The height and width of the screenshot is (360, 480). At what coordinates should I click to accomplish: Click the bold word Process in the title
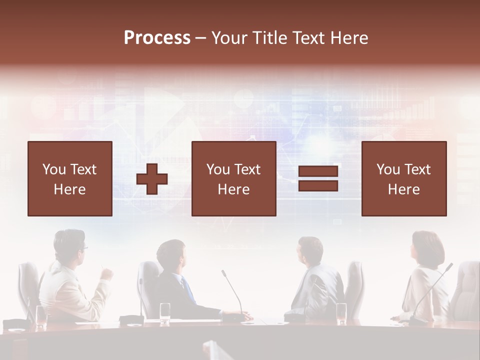[x=157, y=38]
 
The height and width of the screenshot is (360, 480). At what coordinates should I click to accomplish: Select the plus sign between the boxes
[x=152, y=179]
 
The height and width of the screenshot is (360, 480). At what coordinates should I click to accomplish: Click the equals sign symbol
[x=318, y=179]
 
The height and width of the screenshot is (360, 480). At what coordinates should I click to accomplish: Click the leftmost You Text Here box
[x=69, y=179]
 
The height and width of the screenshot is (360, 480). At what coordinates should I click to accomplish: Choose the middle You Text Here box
[x=233, y=179]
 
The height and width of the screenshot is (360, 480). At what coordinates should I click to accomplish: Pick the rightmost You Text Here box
[x=403, y=179]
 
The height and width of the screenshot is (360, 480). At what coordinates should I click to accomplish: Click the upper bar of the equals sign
[x=318, y=172]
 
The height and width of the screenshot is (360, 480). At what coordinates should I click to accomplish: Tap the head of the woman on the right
[x=427, y=248]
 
